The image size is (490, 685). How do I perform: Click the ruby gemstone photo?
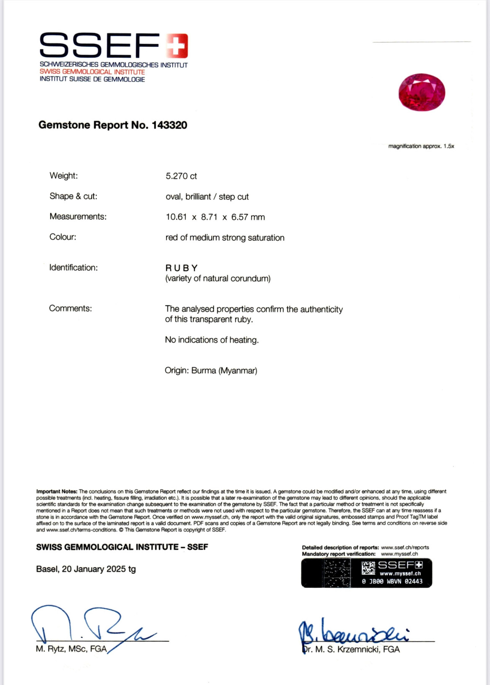pos(422,92)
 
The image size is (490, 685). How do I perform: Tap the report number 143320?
pos(169,125)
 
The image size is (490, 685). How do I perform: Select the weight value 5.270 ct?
pos(181,176)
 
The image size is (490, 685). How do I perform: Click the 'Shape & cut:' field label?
pos(73,196)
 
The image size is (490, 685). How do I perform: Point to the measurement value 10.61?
pos(176,217)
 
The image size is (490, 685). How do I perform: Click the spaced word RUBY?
pos(182,268)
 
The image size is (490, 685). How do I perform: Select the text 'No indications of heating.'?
pos(212,340)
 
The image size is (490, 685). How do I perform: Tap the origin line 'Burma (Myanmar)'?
pos(224,371)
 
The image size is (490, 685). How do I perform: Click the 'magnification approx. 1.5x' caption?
pos(421,146)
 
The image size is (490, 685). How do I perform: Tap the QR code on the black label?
pos(368,568)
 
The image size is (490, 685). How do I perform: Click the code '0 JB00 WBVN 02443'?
pos(392,581)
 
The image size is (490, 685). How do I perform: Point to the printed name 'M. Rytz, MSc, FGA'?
pos(71,649)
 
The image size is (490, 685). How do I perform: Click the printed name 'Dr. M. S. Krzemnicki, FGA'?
pos(351,650)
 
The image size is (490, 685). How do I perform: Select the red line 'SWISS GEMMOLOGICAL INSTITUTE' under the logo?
pos(92,72)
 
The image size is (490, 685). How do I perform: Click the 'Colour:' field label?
pos(63,237)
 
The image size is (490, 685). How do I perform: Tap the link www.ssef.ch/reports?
pos(405,548)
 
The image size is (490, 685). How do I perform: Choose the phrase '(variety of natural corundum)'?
pos(218,279)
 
